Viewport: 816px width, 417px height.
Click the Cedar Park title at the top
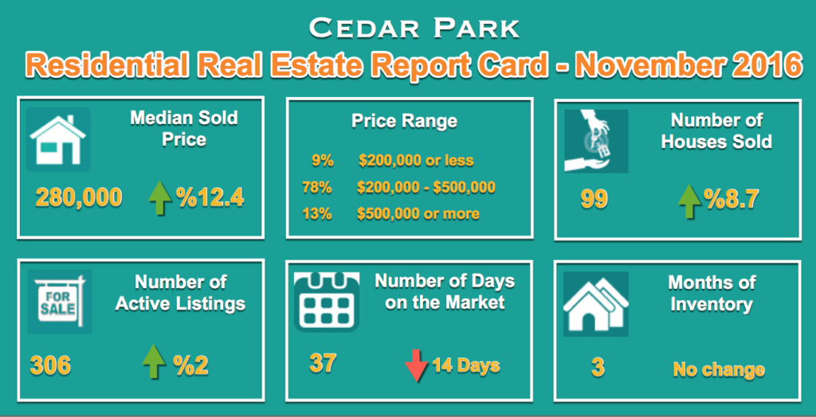pos(414,29)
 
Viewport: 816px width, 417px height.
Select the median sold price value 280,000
pos(79,197)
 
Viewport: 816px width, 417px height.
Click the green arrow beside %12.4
pos(159,199)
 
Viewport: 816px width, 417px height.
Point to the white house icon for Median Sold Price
pos(57,140)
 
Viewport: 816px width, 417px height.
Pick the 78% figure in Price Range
pos(317,187)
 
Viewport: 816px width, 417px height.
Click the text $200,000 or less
pos(416,160)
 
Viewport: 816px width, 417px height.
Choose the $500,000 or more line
pos(418,214)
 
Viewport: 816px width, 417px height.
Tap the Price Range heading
pos(404,121)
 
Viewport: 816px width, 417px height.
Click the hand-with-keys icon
pos(596,141)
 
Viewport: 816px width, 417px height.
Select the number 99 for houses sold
pos(594,201)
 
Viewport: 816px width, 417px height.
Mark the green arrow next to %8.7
pos(689,201)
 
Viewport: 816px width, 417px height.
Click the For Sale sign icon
pos(59,302)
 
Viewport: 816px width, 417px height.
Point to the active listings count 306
pos(50,366)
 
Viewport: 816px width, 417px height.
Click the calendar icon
pos(326,301)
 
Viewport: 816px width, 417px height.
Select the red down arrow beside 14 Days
pos(416,366)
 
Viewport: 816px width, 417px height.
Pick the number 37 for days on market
pos(324,362)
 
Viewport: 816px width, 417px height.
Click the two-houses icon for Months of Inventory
pos(596,304)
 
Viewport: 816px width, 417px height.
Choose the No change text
pos(719,370)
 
